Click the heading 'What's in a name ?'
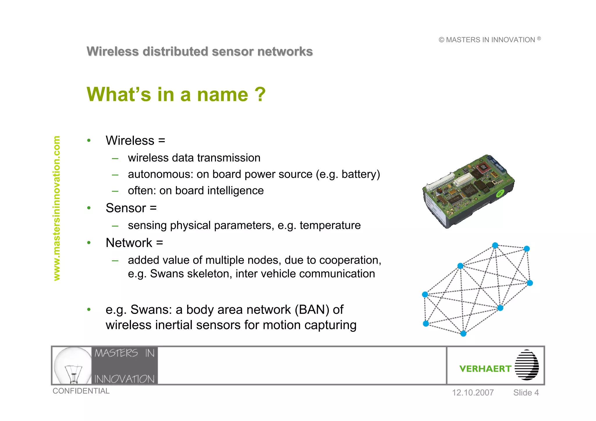tap(176, 95)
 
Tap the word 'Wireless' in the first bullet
tap(130, 141)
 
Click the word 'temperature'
tap(330, 225)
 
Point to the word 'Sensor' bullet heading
tap(126, 208)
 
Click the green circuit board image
tap(469, 191)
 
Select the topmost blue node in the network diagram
tap(495, 245)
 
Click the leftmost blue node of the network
tap(425, 294)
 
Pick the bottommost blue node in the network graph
tap(463, 333)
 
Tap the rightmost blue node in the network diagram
tap(530, 283)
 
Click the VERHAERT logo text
tap(485, 369)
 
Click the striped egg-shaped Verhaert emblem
tap(526, 365)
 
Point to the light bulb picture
tap(73, 365)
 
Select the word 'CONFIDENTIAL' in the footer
tap(81, 391)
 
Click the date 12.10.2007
tap(473, 392)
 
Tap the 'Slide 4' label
tap(526, 392)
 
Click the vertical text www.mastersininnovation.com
tap(57, 208)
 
